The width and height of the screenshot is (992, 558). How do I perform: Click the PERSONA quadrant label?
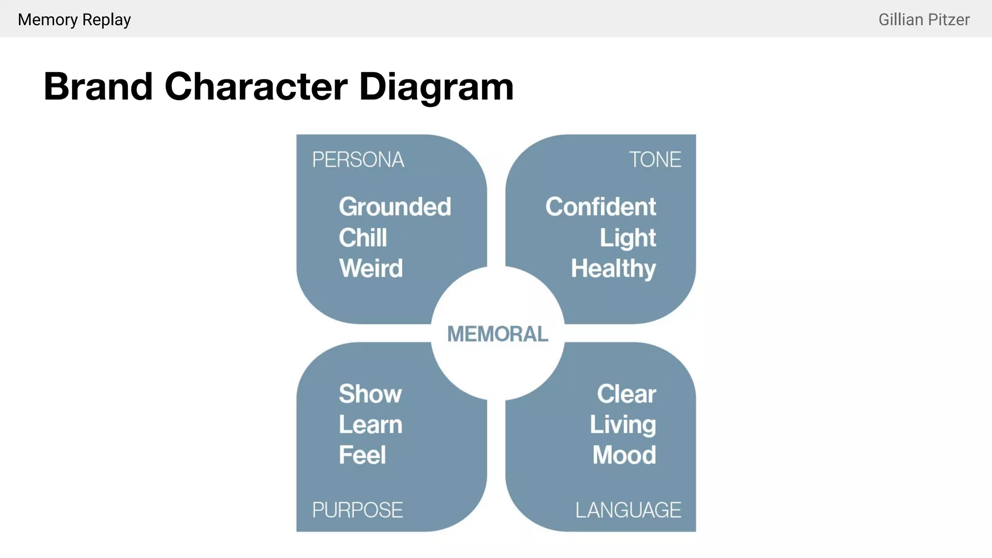click(x=358, y=160)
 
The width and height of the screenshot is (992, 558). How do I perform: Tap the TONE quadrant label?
click(x=655, y=160)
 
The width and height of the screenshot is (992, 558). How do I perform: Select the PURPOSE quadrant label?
click(x=357, y=510)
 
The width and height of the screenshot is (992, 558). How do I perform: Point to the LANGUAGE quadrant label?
click(x=628, y=510)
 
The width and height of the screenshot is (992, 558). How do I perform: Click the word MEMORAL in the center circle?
click(x=497, y=334)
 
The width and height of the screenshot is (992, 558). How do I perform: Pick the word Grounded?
click(x=395, y=207)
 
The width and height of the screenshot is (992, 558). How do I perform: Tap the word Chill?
click(x=363, y=238)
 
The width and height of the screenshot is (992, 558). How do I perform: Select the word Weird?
click(x=371, y=268)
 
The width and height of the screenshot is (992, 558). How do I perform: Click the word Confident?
click(x=601, y=207)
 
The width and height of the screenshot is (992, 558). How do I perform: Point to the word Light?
click(x=628, y=238)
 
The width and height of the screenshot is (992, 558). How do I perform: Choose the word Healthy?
click(x=613, y=269)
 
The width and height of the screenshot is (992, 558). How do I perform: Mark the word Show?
click(x=370, y=394)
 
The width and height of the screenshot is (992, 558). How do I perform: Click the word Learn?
click(x=371, y=425)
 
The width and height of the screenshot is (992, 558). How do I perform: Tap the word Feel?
click(x=362, y=455)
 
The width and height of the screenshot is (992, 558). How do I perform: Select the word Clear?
click(x=626, y=394)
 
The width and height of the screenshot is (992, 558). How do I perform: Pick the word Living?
click(x=623, y=425)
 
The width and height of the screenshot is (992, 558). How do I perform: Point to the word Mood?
click(x=624, y=455)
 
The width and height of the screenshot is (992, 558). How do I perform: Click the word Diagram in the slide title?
click(x=436, y=87)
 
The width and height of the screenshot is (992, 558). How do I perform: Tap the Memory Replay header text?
click(x=74, y=20)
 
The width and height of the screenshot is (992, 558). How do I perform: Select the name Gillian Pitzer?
click(x=924, y=20)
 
